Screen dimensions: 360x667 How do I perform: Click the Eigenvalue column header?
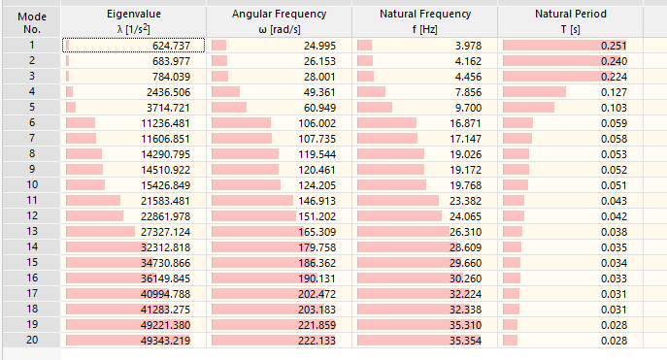click(133, 21)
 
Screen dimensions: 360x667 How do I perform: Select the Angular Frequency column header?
click(279, 21)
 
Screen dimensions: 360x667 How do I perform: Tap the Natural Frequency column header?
click(424, 21)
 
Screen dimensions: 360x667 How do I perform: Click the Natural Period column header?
click(570, 21)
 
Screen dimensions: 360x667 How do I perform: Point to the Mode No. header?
click(31, 21)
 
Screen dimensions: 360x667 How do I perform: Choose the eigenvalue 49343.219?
click(172, 341)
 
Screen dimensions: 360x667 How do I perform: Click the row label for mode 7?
click(31, 139)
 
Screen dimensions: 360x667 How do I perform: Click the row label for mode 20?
click(31, 341)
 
